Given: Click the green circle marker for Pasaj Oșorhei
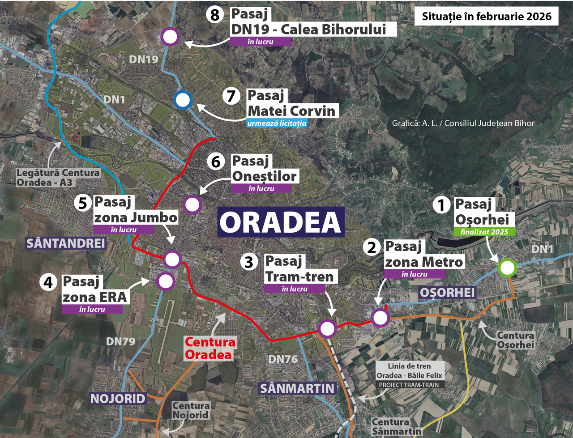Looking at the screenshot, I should [507, 268].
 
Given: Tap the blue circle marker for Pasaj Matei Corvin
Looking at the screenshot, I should [183, 100].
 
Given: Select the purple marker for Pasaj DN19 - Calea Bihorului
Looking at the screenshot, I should [170, 37].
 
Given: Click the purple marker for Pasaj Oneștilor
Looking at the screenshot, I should [193, 204].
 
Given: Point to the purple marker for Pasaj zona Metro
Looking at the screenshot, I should [381, 318].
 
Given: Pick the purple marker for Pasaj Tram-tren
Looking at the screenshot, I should [327, 329].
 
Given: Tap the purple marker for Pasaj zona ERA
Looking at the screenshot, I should [166, 281].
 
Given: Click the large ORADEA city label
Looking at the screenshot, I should [281, 222].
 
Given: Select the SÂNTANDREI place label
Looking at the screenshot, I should [66, 243].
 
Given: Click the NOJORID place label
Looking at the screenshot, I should [118, 399].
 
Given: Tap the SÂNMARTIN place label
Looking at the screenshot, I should [297, 388].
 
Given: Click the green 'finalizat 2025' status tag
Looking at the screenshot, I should [484, 232].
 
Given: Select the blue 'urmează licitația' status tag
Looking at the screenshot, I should [277, 123].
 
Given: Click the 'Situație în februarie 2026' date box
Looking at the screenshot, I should [487, 17].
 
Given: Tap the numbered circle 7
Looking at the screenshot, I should [231, 96].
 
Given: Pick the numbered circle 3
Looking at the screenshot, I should [249, 262].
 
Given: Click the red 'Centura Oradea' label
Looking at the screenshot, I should [210, 349].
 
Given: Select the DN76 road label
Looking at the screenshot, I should [283, 359].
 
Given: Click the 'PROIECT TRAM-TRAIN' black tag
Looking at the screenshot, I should [409, 385].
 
